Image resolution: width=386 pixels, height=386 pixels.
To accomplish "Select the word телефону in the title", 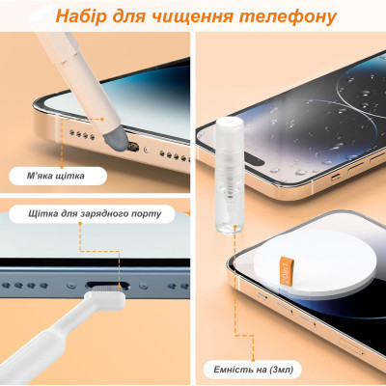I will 289,16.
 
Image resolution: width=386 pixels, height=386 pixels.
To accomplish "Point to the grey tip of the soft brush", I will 115,141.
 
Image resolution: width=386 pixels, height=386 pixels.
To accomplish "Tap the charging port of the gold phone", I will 134,147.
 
